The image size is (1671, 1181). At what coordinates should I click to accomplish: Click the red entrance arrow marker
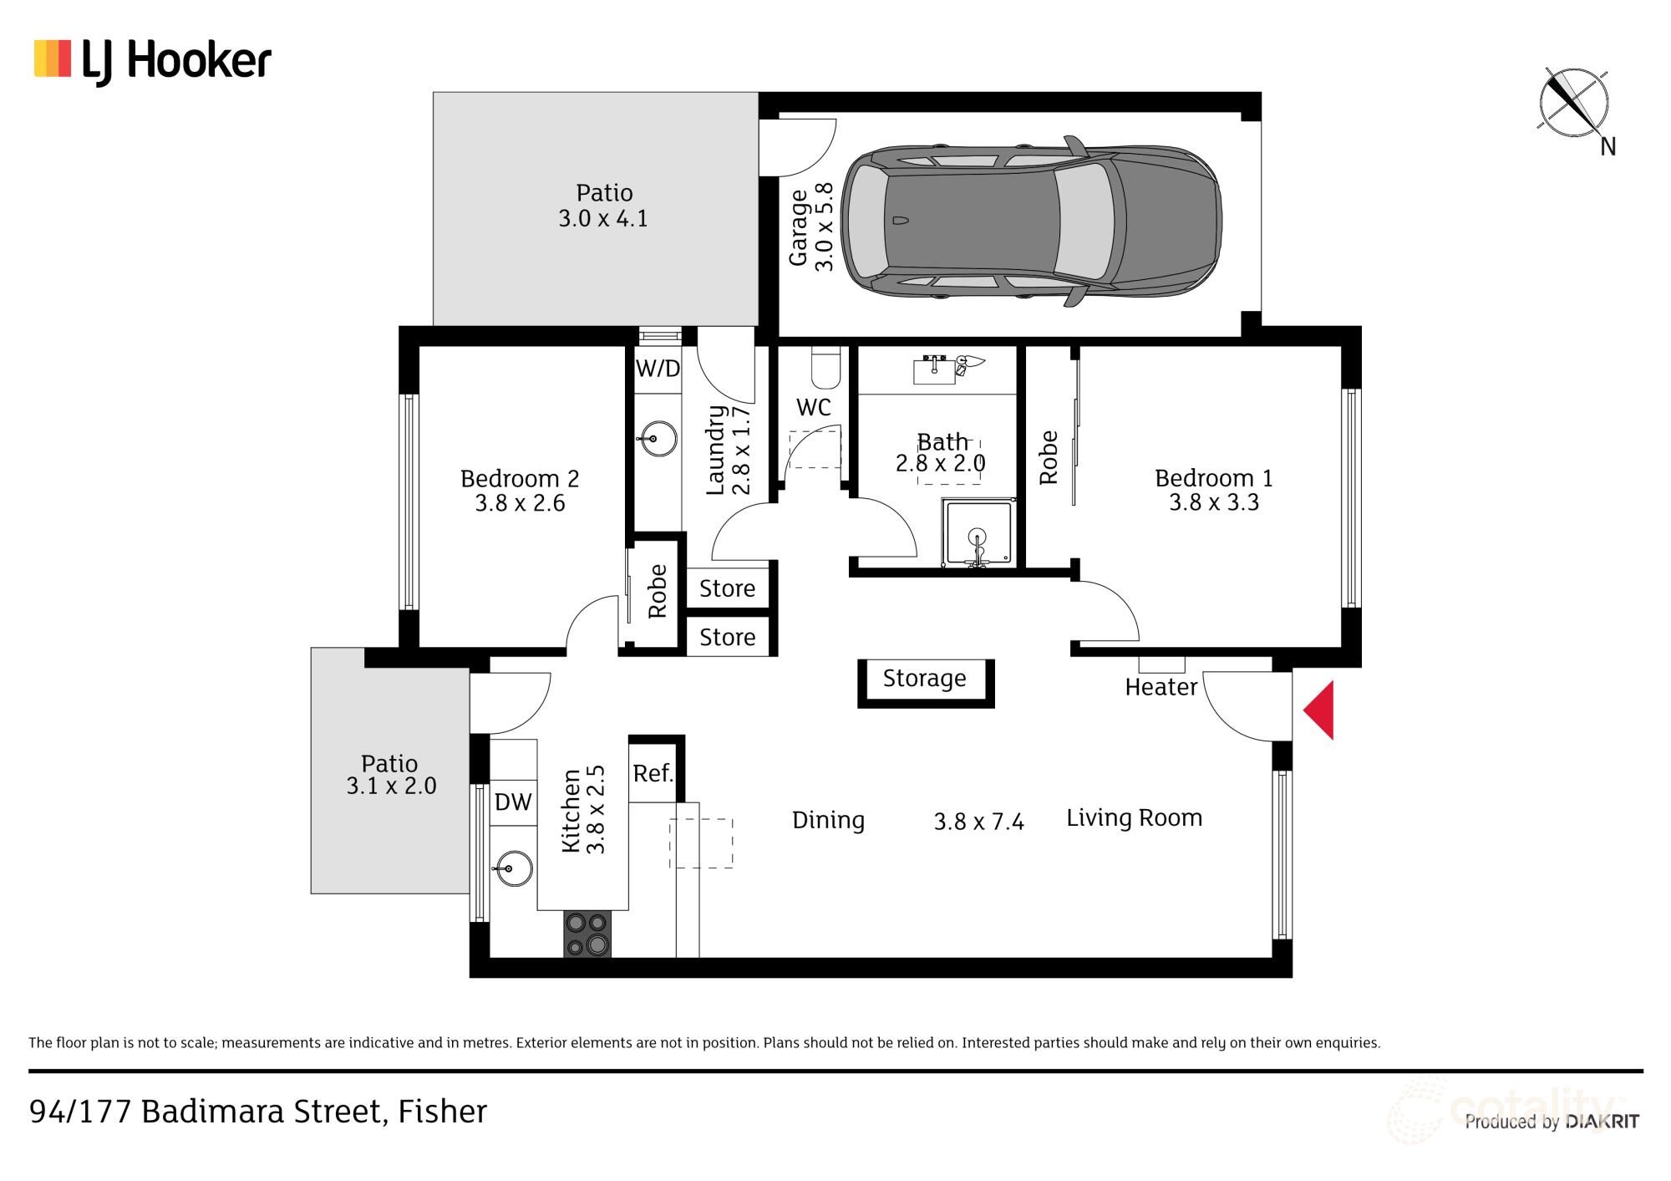(x=1321, y=710)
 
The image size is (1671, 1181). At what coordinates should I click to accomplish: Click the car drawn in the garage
(x=1031, y=221)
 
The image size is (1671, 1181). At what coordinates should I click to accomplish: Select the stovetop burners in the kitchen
(x=588, y=934)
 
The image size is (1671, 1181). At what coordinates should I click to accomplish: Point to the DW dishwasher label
(x=513, y=802)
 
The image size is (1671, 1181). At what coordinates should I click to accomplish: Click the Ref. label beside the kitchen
(x=653, y=773)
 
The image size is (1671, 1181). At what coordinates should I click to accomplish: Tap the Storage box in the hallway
(x=925, y=679)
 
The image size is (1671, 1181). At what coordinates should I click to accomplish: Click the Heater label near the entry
(x=1161, y=687)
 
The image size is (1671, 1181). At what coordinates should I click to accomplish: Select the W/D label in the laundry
(x=658, y=369)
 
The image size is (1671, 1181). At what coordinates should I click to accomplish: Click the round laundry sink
(x=657, y=437)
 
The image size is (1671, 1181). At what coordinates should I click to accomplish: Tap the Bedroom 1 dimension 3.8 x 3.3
(x=1213, y=502)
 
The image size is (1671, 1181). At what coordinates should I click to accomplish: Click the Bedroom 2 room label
(x=519, y=479)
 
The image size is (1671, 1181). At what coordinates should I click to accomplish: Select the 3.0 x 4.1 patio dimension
(x=602, y=219)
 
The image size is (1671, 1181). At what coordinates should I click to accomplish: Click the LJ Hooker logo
(x=153, y=60)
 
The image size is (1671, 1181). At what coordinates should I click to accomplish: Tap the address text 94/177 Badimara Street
(x=257, y=1112)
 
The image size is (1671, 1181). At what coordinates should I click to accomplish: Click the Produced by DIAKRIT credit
(x=1551, y=1122)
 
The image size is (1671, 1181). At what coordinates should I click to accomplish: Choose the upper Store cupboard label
(x=727, y=588)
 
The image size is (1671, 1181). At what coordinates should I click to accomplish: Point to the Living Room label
(x=1134, y=817)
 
